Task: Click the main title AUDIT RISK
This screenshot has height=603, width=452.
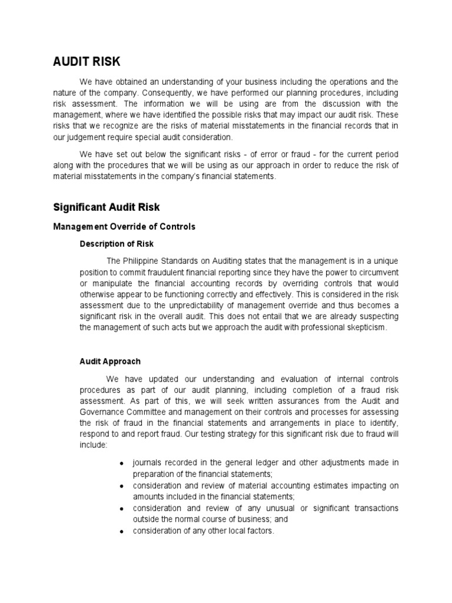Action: [x=87, y=62]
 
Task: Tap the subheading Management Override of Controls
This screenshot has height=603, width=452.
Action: [x=124, y=226]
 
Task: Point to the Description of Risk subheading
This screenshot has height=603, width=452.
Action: [x=117, y=244]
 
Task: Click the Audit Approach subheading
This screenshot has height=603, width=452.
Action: [x=110, y=362]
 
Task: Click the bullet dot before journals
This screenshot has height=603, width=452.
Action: [x=121, y=464]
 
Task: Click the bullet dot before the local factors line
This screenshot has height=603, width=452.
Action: [x=121, y=531]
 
